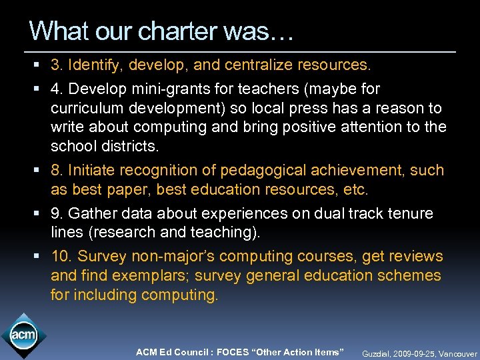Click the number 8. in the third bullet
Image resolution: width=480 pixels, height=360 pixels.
[x=58, y=171]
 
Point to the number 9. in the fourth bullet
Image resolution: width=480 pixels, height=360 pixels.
[x=58, y=214]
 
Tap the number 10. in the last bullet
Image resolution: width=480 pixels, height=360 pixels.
[x=62, y=257]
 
